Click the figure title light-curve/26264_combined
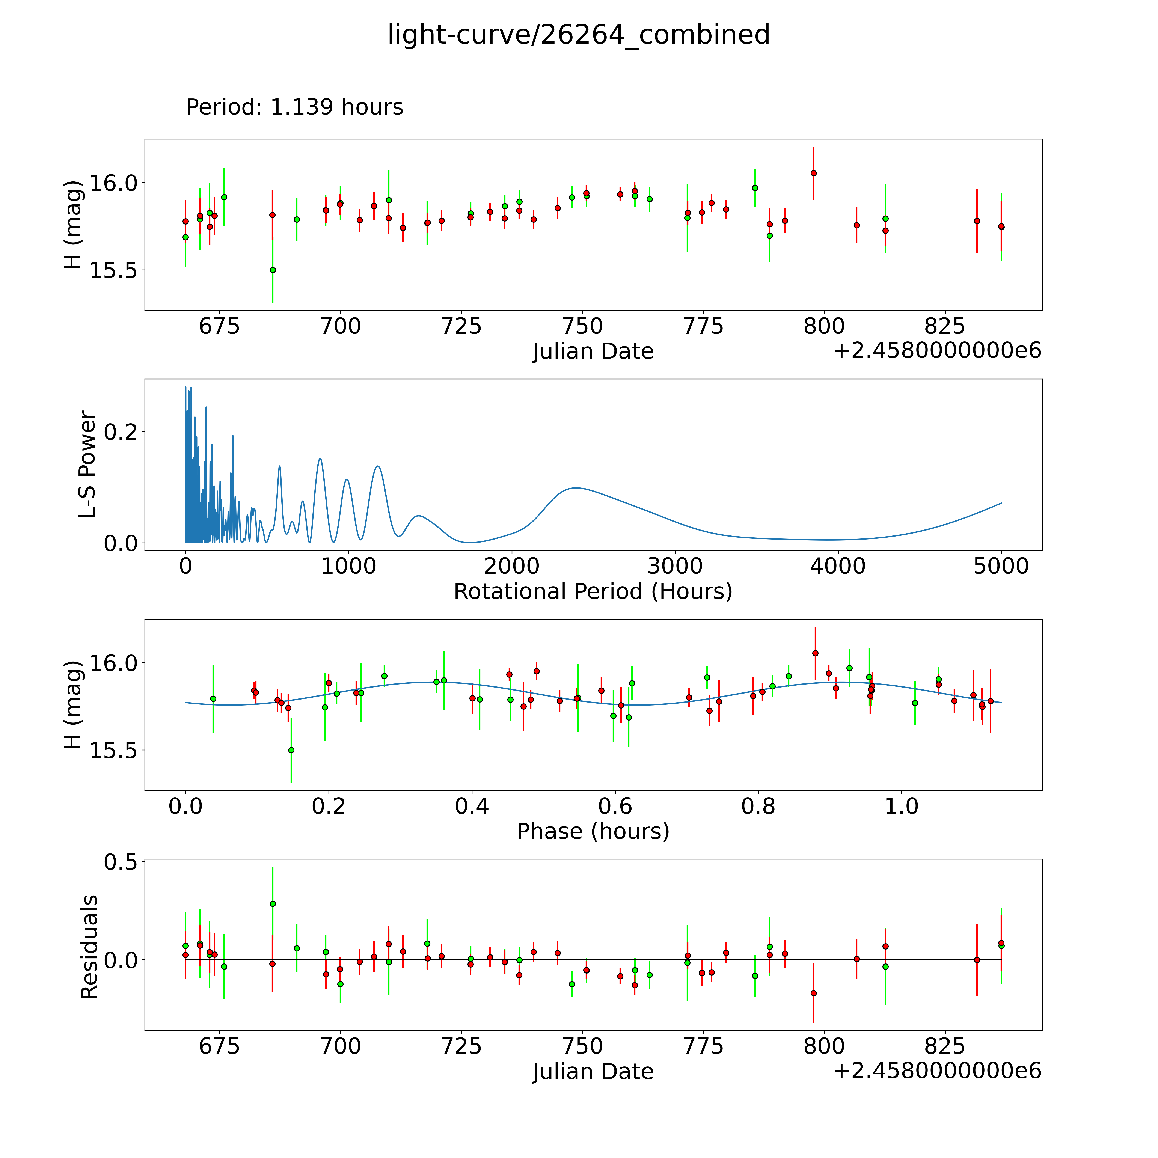pos(578,35)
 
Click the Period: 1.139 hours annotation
pos(294,107)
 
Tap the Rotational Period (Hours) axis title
pos(593,592)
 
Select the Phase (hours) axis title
pos(593,831)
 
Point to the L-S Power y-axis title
pos(87,464)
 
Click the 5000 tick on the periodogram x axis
pos(1001,566)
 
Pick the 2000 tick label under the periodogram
pos(512,566)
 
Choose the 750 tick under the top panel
pos(583,327)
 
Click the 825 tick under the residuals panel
pos(945,1046)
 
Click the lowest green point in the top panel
pos(273,270)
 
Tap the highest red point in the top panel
pos(813,173)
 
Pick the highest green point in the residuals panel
pos(273,903)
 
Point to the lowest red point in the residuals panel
pos(813,993)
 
